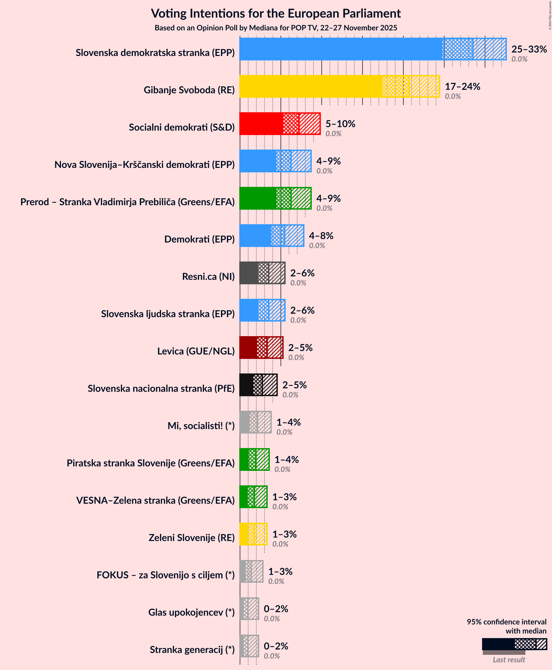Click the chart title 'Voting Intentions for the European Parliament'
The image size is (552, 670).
point(276,14)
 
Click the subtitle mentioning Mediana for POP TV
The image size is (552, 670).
point(276,28)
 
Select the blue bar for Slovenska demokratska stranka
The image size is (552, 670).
point(340,49)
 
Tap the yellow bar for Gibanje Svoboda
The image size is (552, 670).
point(310,86)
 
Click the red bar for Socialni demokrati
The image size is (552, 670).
point(261,124)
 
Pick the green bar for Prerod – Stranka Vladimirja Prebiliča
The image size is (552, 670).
point(258,198)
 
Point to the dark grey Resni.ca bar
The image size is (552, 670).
point(249,273)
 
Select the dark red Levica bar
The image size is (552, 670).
point(248,348)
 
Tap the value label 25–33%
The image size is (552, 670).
point(529,49)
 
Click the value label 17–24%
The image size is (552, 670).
point(462,86)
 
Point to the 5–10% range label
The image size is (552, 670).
point(340,124)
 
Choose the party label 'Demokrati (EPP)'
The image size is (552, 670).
point(199,239)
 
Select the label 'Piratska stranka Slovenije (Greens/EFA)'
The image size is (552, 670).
point(150,463)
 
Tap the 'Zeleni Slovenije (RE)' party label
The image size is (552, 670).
point(191,538)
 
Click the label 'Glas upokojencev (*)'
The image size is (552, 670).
point(191,612)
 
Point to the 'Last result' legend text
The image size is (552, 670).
point(509,660)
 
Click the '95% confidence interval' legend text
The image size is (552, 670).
point(506,622)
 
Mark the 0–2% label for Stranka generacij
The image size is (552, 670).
point(276,646)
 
